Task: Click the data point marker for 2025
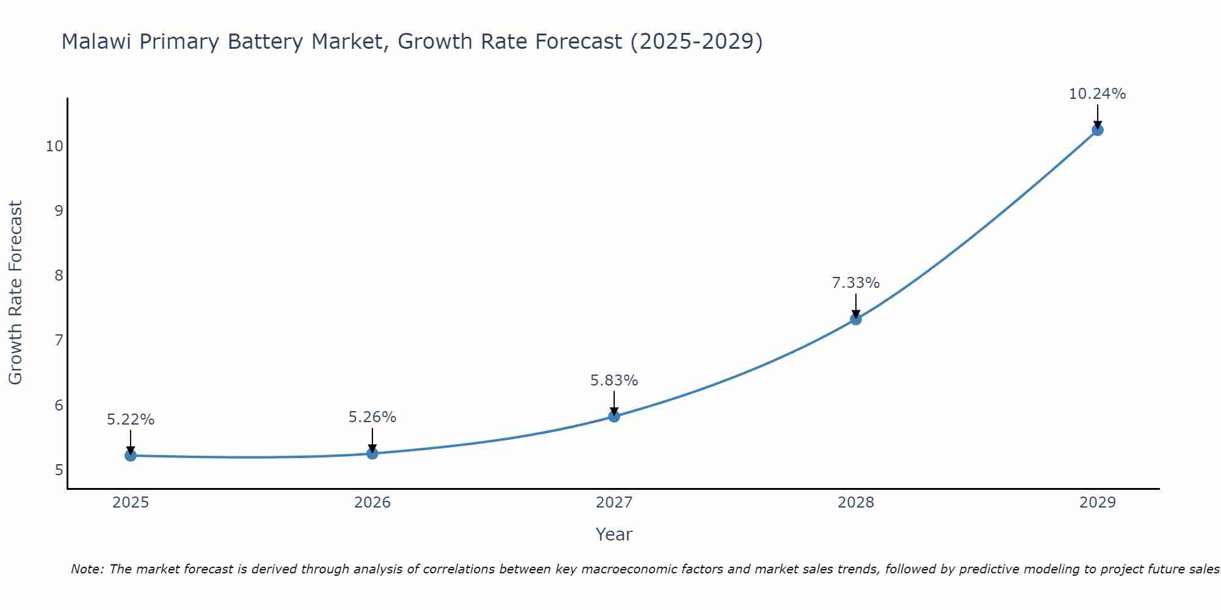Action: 130,455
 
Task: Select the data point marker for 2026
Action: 372,453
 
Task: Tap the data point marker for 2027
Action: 614,416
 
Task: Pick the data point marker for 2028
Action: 856,318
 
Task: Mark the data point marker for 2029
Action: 1097,130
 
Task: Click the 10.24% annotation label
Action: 1097,94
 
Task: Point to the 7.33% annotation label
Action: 856,283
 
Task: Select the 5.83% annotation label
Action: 614,381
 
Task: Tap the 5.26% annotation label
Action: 372,417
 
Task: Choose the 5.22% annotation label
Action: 131,420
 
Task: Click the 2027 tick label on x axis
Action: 614,503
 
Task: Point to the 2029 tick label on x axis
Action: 1097,503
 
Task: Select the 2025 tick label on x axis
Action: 131,503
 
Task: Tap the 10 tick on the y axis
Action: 54,146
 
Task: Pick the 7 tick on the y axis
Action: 59,340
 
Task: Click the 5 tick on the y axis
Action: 59,470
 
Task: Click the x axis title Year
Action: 614,534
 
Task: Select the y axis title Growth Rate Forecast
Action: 16,293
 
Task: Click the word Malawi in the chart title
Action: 97,42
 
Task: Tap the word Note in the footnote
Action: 87,569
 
